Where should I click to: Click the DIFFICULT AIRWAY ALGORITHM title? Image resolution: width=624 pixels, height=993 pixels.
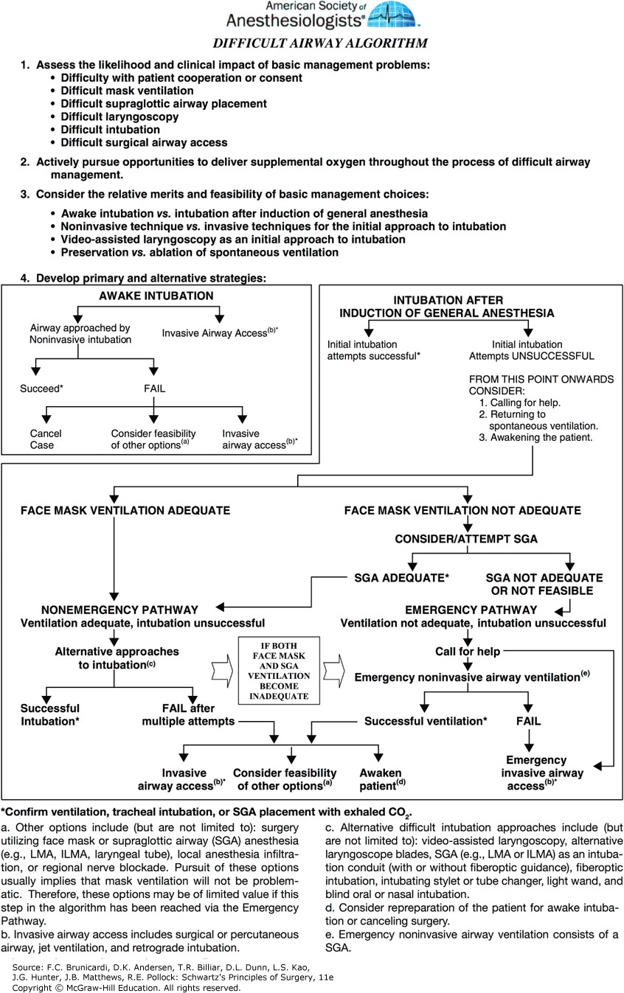tap(320, 43)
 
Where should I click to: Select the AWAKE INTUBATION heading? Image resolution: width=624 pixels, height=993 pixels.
tap(156, 296)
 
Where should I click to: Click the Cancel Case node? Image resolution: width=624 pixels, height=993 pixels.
tap(46, 439)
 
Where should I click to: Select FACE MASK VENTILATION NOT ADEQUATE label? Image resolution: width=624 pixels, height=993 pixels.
tap(462, 510)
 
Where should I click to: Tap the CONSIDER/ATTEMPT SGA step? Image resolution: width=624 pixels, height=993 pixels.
tap(465, 539)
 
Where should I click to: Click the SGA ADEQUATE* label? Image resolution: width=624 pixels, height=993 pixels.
tap(401, 578)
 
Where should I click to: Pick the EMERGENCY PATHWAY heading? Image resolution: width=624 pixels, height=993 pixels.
tap(471, 610)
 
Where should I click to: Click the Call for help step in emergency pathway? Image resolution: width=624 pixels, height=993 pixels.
tap(467, 652)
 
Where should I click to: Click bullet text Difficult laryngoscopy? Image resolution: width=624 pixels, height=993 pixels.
tap(119, 116)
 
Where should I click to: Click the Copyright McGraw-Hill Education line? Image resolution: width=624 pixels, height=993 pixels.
tap(126, 987)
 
